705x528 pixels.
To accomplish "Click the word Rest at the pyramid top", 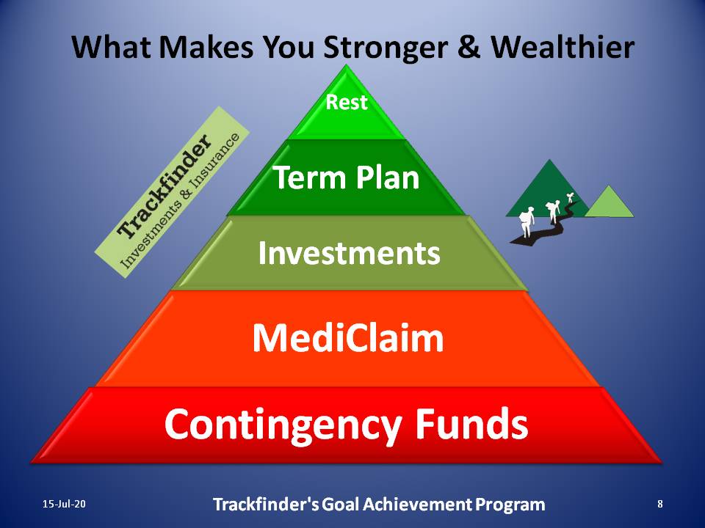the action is [346, 102].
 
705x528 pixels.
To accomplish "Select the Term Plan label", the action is [346, 177].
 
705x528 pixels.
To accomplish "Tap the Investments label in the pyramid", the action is [349, 253].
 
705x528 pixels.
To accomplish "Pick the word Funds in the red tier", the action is [471, 423].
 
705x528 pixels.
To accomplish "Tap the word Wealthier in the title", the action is [563, 46].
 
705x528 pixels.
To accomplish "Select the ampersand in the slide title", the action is [469, 47].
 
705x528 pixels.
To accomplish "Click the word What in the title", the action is [111, 47].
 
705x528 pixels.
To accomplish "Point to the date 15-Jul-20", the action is [64, 504].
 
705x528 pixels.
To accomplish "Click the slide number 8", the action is [660, 504].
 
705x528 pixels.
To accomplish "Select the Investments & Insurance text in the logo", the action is [180, 201].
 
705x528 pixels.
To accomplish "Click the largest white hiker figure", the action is [526, 221].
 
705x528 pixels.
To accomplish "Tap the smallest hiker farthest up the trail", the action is [571, 197].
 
